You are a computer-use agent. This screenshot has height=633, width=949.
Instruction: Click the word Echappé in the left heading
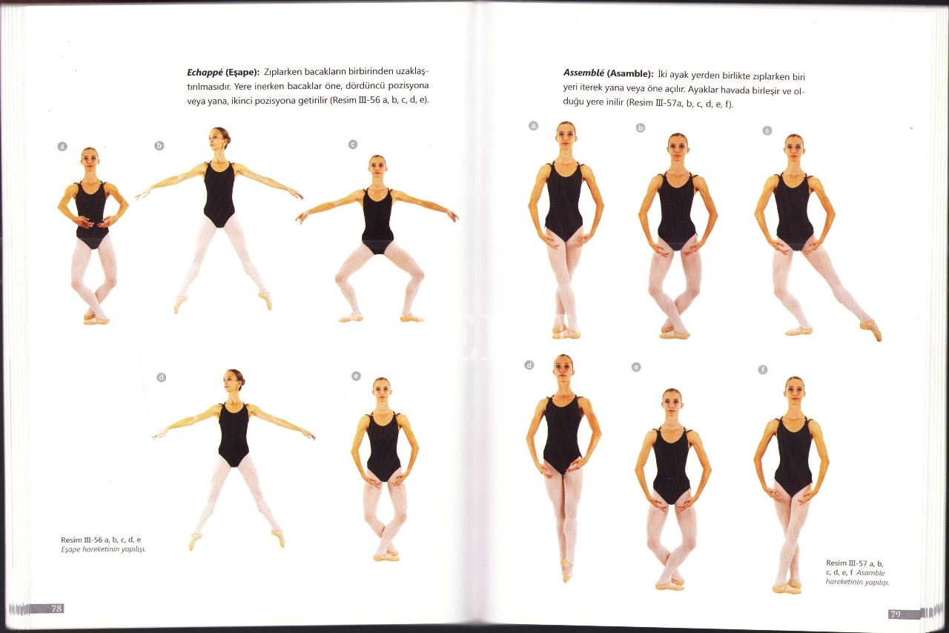tap(205, 72)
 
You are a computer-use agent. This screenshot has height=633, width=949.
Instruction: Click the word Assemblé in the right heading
tap(583, 73)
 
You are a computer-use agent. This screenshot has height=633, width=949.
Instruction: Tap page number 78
tap(56, 609)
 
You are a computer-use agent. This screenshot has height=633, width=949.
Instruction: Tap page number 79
tap(895, 614)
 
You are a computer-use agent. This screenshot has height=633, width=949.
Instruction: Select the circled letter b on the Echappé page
tap(159, 146)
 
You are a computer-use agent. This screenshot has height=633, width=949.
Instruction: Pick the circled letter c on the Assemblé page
tap(767, 130)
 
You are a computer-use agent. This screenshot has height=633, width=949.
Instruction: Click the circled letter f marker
tap(763, 370)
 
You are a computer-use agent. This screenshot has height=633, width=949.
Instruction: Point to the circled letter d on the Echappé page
tap(161, 377)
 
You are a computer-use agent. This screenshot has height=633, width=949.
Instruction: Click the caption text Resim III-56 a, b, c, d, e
tap(101, 540)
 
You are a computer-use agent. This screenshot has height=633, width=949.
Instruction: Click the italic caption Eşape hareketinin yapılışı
tap(103, 549)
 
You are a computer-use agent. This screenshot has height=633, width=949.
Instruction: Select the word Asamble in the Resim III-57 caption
tap(870, 573)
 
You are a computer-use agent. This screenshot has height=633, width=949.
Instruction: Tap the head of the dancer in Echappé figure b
tap(219, 138)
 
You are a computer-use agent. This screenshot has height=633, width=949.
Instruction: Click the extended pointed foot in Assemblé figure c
tap(871, 330)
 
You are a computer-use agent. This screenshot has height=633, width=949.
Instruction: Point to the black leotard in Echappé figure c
tap(377, 220)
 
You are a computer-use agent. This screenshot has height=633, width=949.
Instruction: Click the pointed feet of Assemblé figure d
tap(566, 569)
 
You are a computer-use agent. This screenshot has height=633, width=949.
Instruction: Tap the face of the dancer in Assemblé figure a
tap(566, 135)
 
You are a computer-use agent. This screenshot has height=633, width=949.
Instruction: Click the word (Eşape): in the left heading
tap(242, 72)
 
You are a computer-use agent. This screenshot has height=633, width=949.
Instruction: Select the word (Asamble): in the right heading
tap(630, 73)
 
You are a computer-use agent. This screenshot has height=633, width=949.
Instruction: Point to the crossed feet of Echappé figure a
tap(96, 318)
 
